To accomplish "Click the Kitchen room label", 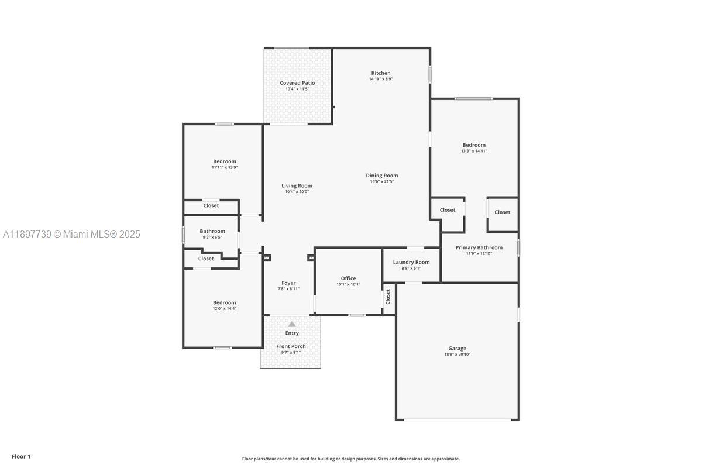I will pos(380,73).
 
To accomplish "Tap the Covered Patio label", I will pos(297,83).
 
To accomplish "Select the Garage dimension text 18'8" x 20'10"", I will pos(457,355).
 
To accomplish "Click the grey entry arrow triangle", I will pos(292,324).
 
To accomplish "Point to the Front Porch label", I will pos(291,346).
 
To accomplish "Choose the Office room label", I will pos(348,278).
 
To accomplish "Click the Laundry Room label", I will pos(411,262).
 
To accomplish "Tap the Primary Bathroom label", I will pos(479,247).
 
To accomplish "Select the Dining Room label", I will pos(382,175).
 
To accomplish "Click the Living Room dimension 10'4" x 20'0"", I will pos(297,192).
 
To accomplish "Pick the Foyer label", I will pos(288,283).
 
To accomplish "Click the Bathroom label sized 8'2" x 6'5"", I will pos(212,231).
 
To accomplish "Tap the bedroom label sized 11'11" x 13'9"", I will pos(225,161).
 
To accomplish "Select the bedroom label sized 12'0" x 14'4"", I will pos(225,302).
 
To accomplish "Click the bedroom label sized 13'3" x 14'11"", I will pos(474,145).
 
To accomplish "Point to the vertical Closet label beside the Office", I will pos(388,297).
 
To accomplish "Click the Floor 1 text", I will pos(21,456).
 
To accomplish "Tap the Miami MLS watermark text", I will pos(71,234).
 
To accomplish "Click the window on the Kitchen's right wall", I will pos(430,74).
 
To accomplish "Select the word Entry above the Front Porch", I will pos(292,333).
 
